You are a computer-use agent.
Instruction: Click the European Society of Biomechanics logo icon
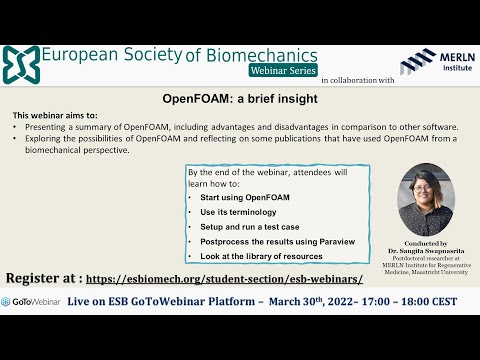pos(21,63)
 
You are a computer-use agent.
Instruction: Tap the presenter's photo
pos(426,199)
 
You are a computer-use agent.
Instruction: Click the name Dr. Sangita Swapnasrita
pos(426,251)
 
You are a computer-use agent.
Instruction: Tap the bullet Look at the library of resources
pos(256,255)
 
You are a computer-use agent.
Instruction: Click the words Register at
pos(42,279)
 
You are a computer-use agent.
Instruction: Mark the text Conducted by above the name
pos(426,243)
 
